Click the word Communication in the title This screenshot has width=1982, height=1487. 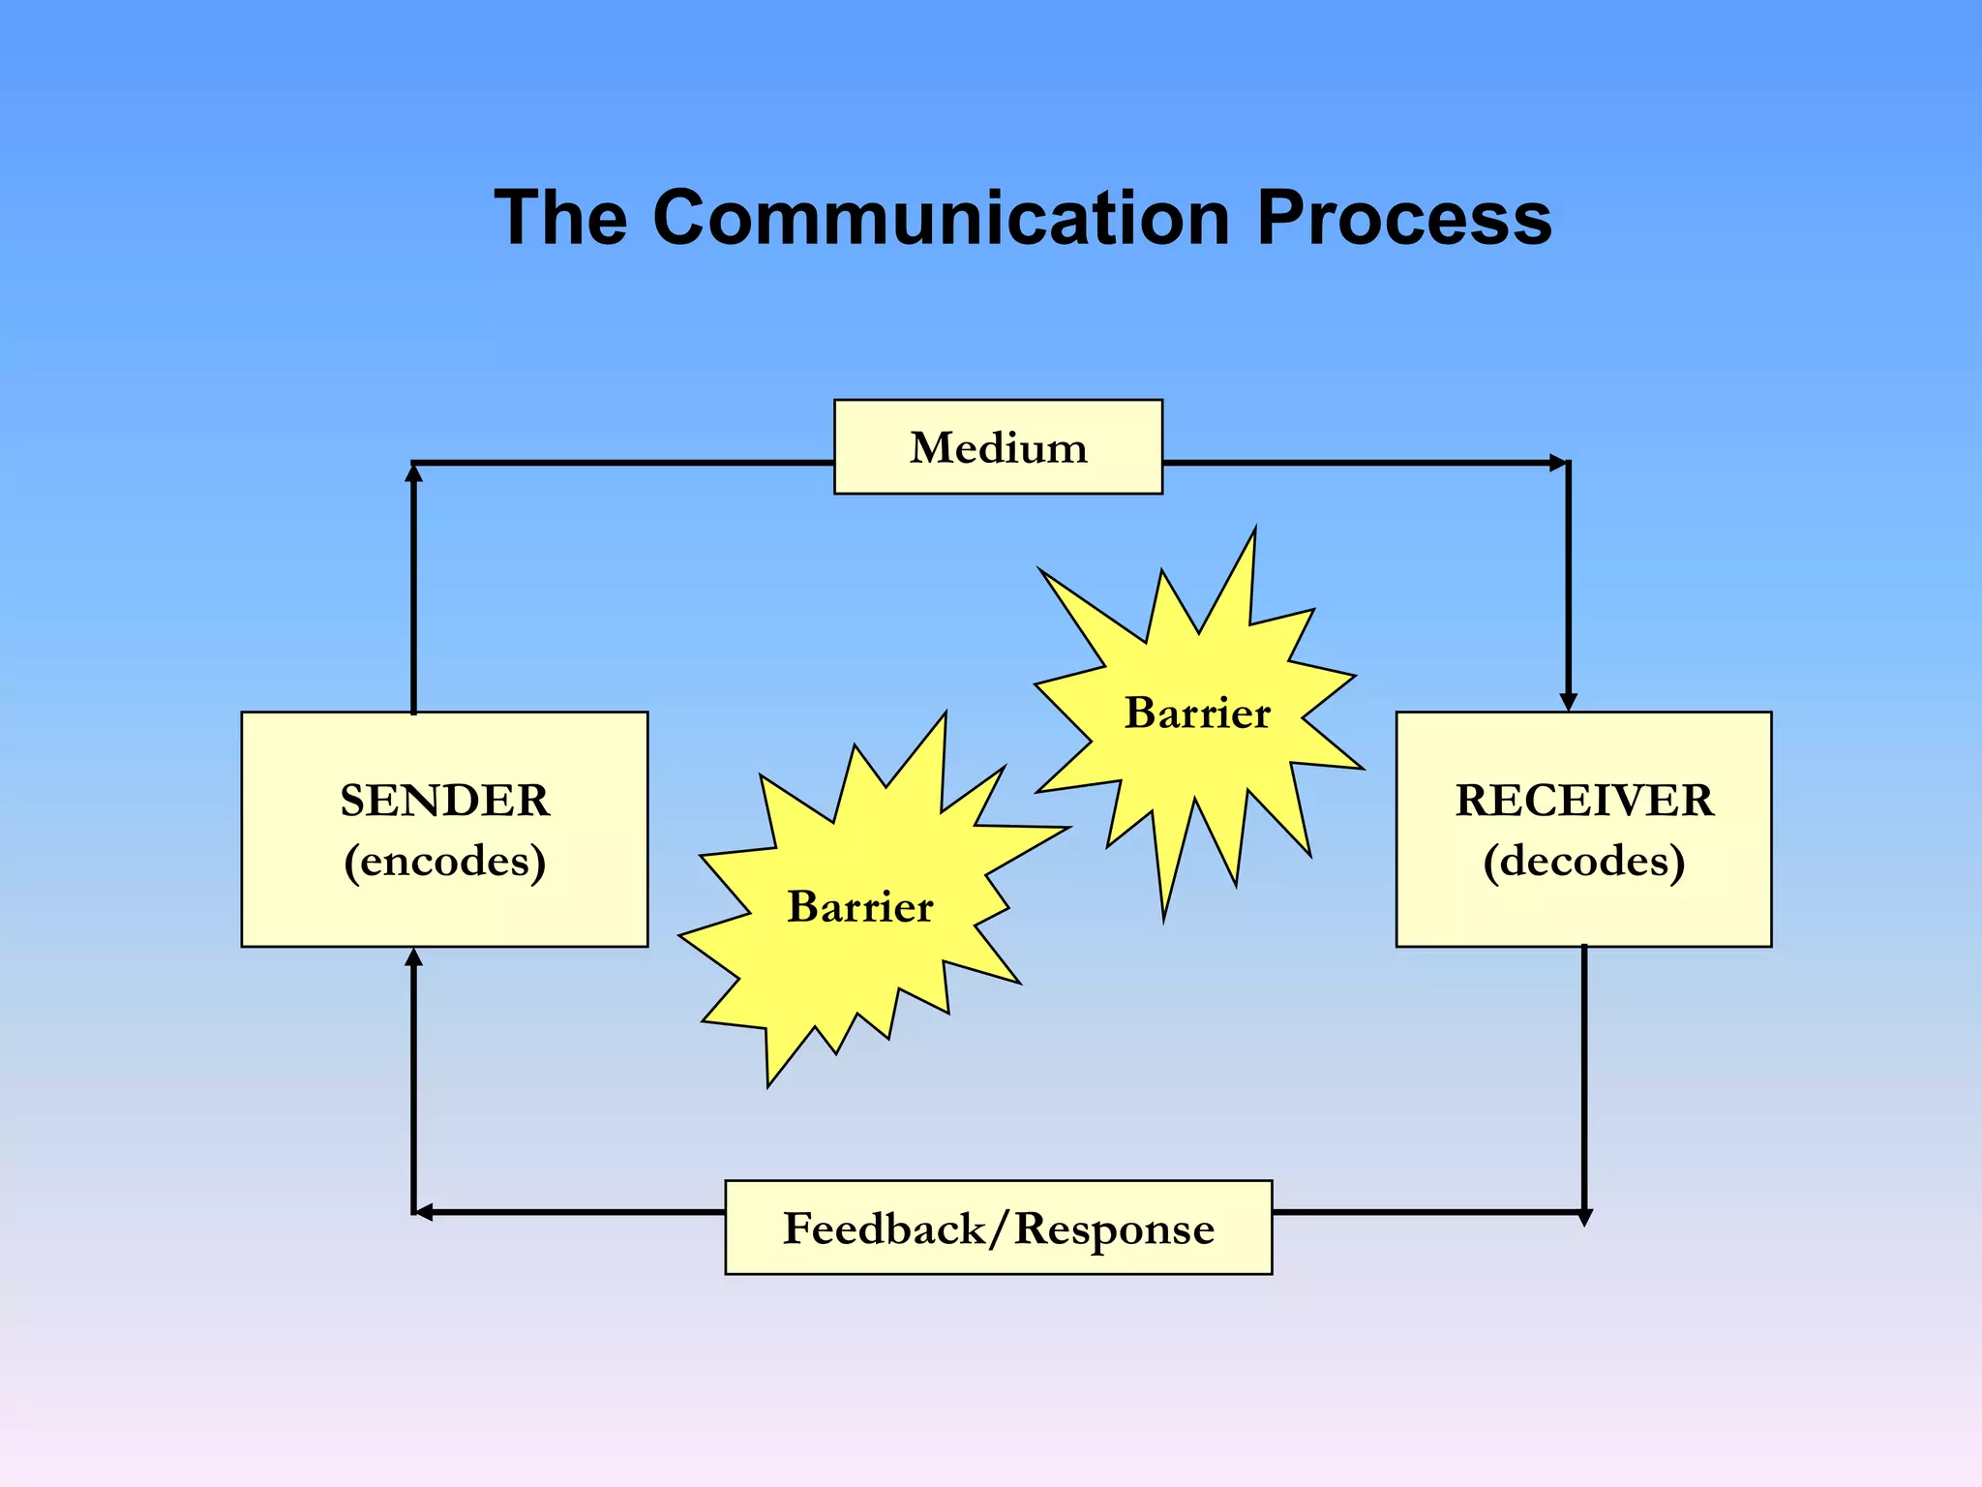click(941, 218)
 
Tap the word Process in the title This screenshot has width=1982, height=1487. click(1404, 218)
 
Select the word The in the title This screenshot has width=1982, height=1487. click(560, 218)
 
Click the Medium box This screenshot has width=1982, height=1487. click(998, 447)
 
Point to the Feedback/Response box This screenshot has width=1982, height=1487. click(998, 1228)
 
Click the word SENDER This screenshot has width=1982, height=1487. click(444, 801)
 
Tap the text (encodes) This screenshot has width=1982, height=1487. click(444, 861)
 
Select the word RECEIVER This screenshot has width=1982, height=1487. click(1583, 801)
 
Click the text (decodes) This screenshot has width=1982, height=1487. click(1583, 861)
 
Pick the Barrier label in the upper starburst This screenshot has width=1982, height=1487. click(1196, 713)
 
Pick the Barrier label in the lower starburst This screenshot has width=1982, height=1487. click(859, 907)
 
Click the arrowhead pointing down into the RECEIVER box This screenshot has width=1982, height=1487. click(1569, 701)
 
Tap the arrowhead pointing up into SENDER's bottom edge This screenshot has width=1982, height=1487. click(414, 957)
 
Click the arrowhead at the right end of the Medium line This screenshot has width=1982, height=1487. click(1558, 463)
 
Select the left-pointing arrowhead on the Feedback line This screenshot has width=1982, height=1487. click(424, 1212)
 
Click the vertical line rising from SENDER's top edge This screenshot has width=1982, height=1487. click(414, 591)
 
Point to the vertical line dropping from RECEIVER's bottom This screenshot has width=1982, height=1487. click(1584, 1075)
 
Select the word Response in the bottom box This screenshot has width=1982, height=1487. click(1114, 1229)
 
